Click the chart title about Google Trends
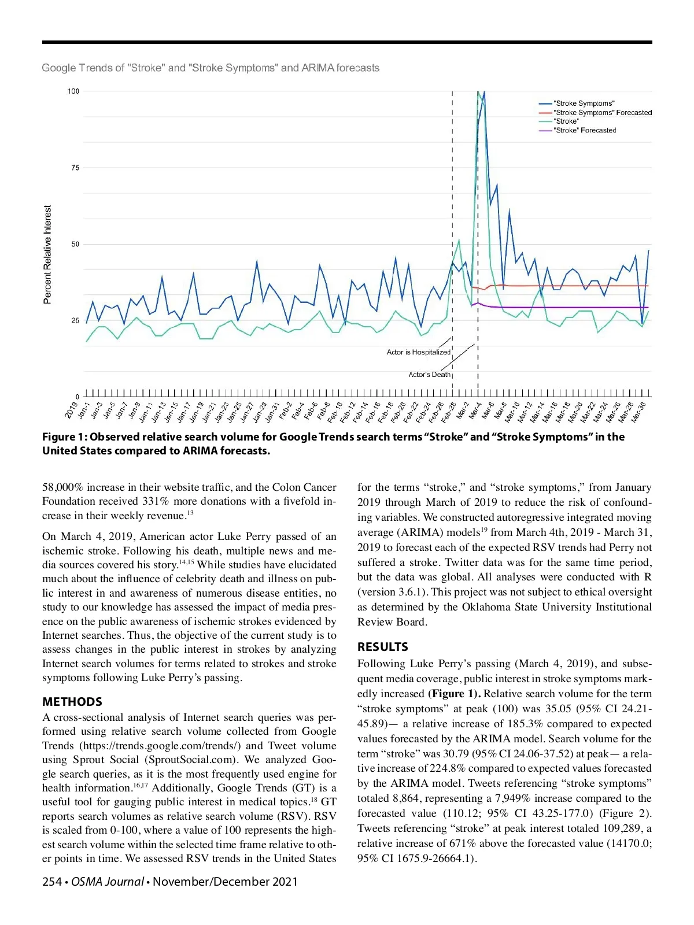pyautogui.click(x=211, y=68)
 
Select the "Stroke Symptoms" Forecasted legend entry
pyautogui.click(x=601, y=113)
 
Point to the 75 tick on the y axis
pyautogui.click(x=75, y=168)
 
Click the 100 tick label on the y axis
pyautogui.click(x=73, y=91)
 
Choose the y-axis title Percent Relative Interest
pyautogui.click(x=47, y=254)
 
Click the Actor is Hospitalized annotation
pyautogui.click(x=418, y=352)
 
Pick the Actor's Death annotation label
pyautogui.click(x=429, y=375)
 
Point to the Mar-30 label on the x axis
pyautogui.click(x=638, y=412)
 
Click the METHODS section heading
pyautogui.click(x=72, y=702)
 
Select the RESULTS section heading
pyautogui.click(x=383, y=647)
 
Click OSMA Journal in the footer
pyautogui.click(x=108, y=882)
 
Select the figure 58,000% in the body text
pyautogui.click(x=63, y=487)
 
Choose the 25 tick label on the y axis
pyautogui.click(x=75, y=321)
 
